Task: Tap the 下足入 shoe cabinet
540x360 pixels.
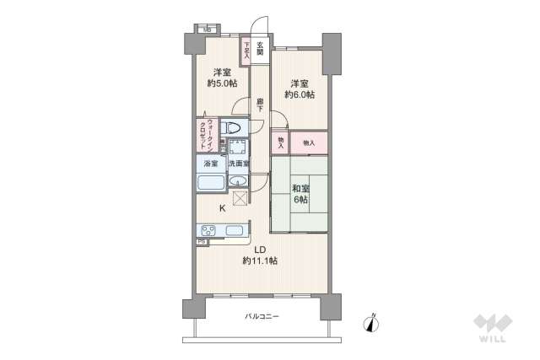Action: pos(246,50)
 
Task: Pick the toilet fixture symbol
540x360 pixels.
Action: pos(233,127)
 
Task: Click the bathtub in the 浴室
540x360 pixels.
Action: pos(210,183)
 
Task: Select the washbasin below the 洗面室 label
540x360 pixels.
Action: pos(240,183)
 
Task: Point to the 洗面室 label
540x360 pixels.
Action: pos(239,164)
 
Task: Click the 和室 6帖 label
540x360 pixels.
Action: pos(300,195)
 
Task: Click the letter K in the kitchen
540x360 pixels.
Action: pos(222,208)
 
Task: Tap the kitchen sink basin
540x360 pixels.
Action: pos(235,230)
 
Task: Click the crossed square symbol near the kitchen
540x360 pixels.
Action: pos(240,199)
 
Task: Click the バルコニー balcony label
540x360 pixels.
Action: pos(262,316)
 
